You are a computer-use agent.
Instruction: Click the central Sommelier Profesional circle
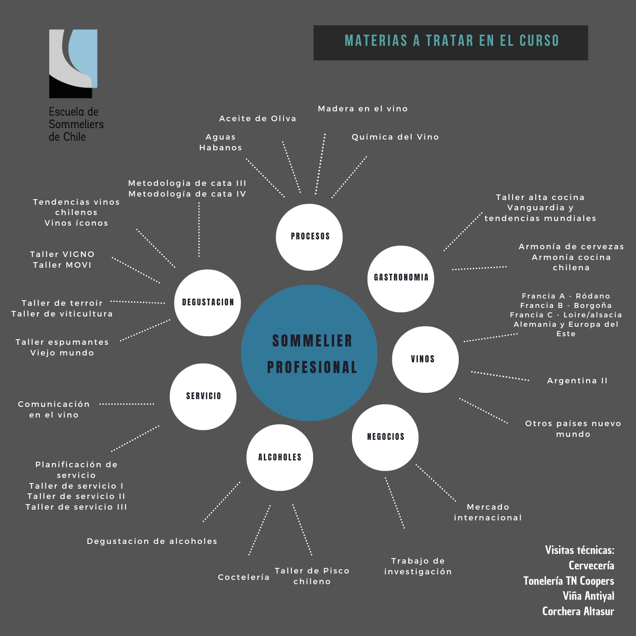[x=309, y=353]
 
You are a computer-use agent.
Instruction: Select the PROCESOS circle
[x=309, y=237]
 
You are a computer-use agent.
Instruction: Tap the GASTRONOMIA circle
[x=401, y=279]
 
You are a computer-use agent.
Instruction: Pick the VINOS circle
[x=425, y=359]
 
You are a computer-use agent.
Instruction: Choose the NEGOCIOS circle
[x=385, y=437]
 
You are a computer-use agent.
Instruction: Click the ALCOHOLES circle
[x=280, y=457]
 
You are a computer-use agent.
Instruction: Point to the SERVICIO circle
[x=203, y=397]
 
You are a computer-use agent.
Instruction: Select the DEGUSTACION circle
[x=208, y=303]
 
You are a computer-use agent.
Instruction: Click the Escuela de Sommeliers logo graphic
[x=73, y=64]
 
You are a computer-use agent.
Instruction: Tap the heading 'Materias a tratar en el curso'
[x=451, y=41]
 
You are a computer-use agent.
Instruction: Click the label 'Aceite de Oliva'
[x=257, y=119]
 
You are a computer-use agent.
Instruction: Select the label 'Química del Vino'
[x=395, y=137]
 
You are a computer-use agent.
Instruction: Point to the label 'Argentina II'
[x=577, y=381]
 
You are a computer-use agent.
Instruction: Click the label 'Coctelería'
[x=244, y=577]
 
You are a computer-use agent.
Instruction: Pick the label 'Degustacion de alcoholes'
[x=152, y=541]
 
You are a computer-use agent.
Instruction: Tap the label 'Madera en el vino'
[x=363, y=109]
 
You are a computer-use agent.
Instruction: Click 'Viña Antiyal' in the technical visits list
[x=588, y=596]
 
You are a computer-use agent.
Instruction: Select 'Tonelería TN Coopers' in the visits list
[x=568, y=581]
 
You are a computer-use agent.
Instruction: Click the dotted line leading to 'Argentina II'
[x=500, y=376]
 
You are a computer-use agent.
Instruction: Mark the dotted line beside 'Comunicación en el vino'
[x=127, y=404]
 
